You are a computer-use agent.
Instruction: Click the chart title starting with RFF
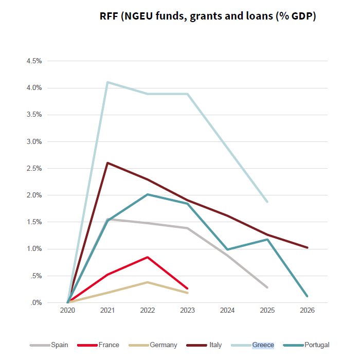pyautogui.click(x=208, y=16)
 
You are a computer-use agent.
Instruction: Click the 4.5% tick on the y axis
pyautogui.click(x=33, y=61)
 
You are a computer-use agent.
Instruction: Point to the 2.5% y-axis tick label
pyautogui.click(x=33, y=168)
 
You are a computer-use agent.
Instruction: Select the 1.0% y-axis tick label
pyautogui.click(x=33, y=249)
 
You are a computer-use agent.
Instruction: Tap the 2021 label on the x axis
pyautogui.click(x=107, y=311)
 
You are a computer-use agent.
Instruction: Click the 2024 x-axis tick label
pyautogui.click(x=227, y=311)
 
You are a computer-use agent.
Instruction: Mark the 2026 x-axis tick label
pyautogui.click(x=307, y=311)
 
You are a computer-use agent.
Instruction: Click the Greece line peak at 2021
pyautogui.click(x=107, y=82)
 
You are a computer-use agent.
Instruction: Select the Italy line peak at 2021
pyautogui.click(x=107, y=163)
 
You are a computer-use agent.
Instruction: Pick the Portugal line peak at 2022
pyautogui.click(x=148, y=194)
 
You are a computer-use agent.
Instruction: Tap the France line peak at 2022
pyautogui.click(x=148, y=257)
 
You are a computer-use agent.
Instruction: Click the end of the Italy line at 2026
pyautogui.click(x=307, y=247)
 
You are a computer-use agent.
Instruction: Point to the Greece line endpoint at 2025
pyautogui.click(x=267, y=202)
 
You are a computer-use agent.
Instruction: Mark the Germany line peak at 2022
pyautogui.click(x=148, y=282)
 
